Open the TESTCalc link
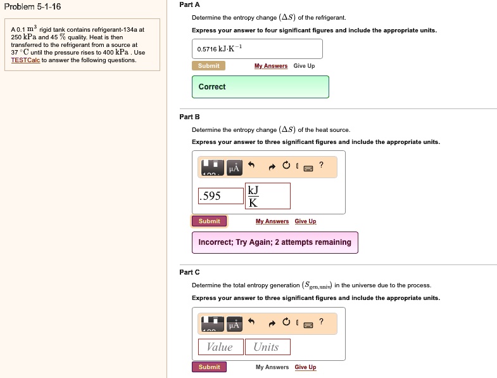point(25,60)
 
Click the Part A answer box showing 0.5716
point(256,49)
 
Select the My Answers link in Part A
point(270,66)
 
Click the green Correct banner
point(260,87)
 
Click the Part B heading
point(189,117)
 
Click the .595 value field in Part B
point(220,196)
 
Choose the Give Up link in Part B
point(305,221)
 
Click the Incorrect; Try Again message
point(275,242)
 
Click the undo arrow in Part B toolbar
point(251,166)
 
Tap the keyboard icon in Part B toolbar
point(308,168)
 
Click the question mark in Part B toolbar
point(321,166)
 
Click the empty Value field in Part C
point(220,347)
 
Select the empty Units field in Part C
point(267,347)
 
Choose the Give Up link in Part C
point(305,367)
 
